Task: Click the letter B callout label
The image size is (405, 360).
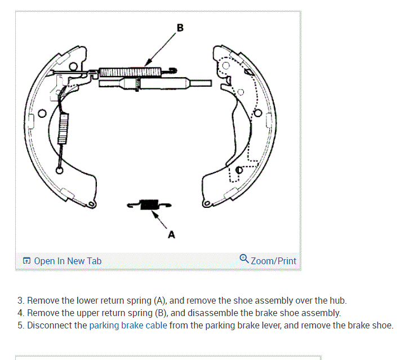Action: pyautogui.click(x=180, y=27)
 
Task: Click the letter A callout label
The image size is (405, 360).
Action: pyautogui.click(x=171, y=235)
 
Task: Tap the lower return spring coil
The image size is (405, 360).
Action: pyautogui.click(x=149, y=205)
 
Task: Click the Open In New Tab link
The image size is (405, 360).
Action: pyautogui.click(x=68, y=261)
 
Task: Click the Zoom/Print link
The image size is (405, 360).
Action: pyautogui.click(x=273, y=261)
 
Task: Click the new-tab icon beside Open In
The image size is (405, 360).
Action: pyautogui.click(x=26, y=261)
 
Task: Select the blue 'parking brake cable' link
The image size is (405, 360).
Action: pyautogui.click(x=128, y=325)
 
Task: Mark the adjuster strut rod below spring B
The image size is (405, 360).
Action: pyautogui.click(x=163, y=84)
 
